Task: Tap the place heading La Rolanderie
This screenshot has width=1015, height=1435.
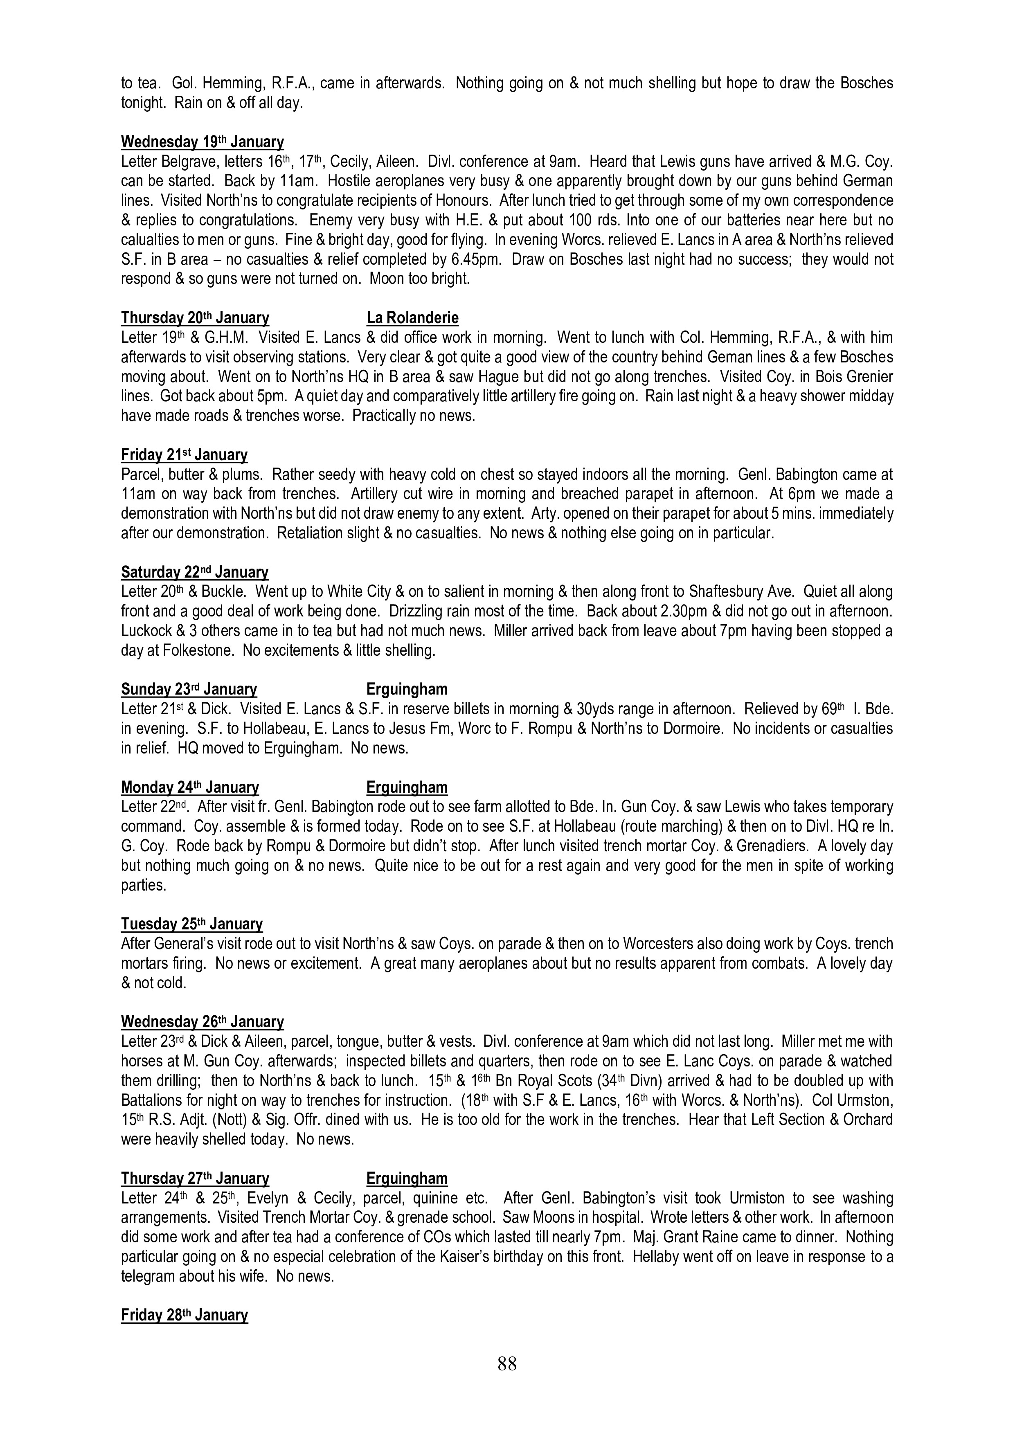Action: click(x=412, y=318)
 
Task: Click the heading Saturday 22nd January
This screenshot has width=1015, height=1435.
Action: click(x=194, y=573)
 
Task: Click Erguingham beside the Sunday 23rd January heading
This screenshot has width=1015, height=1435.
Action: click(x=407, y=689)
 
